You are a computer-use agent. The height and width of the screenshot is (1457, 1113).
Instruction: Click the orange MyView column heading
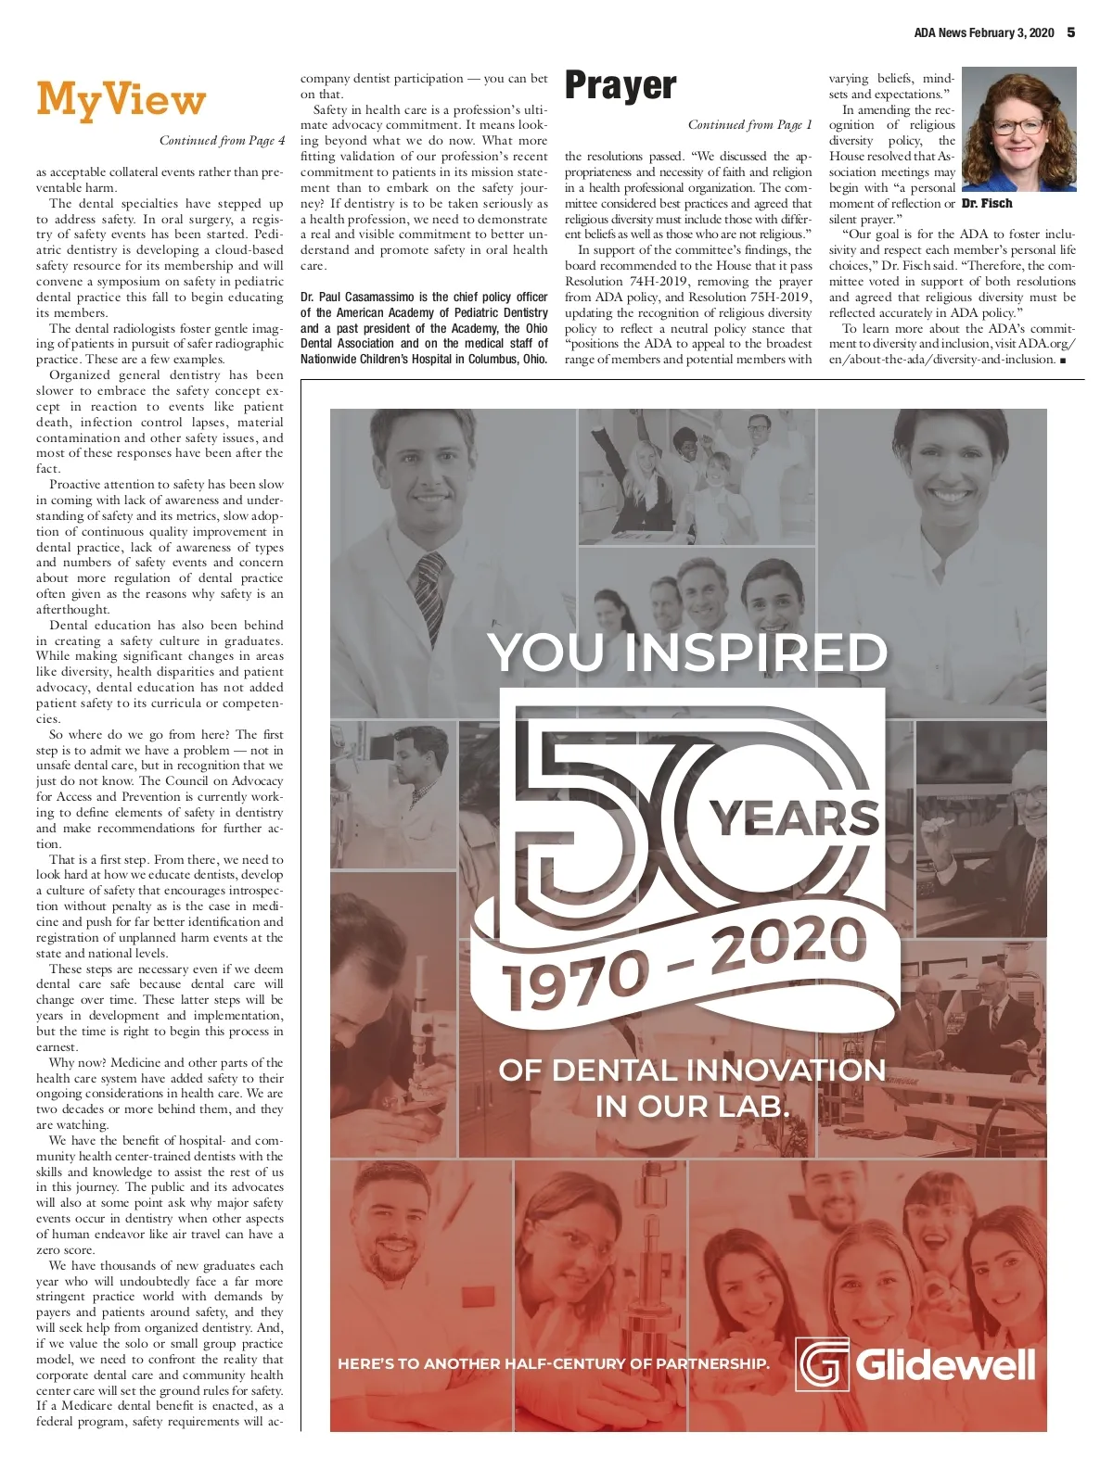[x=121, y=100]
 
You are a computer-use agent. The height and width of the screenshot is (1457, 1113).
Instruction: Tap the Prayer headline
[x=620, y=86]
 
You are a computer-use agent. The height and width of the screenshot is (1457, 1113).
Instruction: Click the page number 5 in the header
[x=1071, y=32]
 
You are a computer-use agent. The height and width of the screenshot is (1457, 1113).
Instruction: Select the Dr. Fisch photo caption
[x=987, y=203]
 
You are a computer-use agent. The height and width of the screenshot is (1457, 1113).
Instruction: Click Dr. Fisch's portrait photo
[x=1018, y=129]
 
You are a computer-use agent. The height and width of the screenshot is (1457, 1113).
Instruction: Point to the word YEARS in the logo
[x=794, y=818]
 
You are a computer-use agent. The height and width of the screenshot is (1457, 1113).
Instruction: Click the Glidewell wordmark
[x=945, y=1364]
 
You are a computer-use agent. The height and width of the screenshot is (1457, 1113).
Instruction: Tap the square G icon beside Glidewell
[x=823, y=1364]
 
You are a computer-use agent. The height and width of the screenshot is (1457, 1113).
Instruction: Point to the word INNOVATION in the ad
[x=787, y=1071]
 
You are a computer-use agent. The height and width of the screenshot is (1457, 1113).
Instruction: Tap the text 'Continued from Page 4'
[x=222, y=141]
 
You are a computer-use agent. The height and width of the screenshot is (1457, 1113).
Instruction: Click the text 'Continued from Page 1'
[x=749, y=125]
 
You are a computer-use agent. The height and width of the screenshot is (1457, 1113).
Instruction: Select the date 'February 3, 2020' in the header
[x=1011, y=32]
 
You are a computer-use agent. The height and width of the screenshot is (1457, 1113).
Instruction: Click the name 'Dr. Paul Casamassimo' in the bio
[x=357, y=298]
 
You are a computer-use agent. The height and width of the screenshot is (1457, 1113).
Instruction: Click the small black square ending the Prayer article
[x=1063, y=360]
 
